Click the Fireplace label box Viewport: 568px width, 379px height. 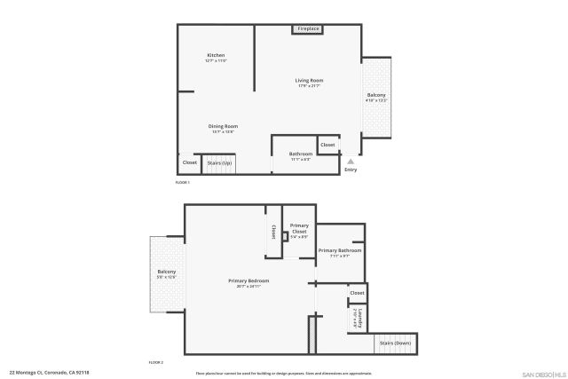coord(308,29)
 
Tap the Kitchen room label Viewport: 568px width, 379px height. coord(217,55)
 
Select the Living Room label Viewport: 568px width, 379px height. coord(309,81)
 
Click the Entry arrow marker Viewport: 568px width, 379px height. coord(351,162)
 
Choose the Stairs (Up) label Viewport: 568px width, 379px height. coord(219,163)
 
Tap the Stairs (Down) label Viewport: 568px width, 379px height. coord(395,343)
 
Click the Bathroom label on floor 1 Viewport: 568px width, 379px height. coord(300,154)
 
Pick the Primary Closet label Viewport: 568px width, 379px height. coord(299,228)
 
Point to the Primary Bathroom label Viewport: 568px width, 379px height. coord(341,251)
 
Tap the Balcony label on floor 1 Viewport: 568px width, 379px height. coord(376,95)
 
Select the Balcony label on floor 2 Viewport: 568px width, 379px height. coord(167,272)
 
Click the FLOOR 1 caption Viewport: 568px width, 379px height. coord(183,182)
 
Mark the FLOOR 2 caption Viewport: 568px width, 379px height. coord(156,363)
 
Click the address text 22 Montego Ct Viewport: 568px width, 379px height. coord(49,373)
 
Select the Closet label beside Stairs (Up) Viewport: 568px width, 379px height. coord(189,162)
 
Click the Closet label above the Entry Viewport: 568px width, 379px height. coord(327,144)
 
